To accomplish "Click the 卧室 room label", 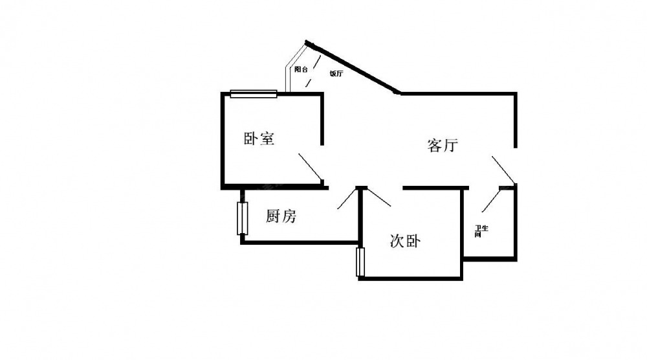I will (259, 139).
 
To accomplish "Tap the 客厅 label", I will (443, 146).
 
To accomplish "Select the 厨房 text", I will (281, 217).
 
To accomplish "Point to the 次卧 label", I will (406, 242).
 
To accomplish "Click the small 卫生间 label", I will (481, 231).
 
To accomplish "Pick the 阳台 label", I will (300, 69).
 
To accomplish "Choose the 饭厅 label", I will (336, 74).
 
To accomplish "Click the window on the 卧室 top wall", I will (254, 94).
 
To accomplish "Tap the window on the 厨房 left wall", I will (243, 219).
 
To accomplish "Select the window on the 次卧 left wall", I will (360, 262).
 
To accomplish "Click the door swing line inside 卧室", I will (310, 166).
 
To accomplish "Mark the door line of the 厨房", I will (348, 199).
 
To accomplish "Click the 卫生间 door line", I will (492, 200).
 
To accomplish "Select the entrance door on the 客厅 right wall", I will (503, 169).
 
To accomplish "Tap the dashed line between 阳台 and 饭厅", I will (312, 72).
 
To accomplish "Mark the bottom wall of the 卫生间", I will (490, 258).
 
